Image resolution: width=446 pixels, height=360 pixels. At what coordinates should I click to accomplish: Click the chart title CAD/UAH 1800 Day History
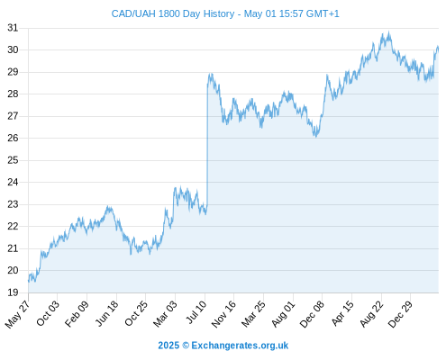pos(173,13)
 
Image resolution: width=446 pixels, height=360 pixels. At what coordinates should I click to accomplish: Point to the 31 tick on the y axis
pos(13,28)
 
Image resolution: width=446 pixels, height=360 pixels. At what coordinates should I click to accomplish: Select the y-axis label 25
pos(13,160)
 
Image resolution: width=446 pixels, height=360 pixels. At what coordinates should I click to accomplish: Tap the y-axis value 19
pos(13,292)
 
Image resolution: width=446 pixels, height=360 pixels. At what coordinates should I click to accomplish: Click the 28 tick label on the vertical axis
pos(13,94)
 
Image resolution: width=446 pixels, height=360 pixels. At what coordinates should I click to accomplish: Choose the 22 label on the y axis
pos(13,226)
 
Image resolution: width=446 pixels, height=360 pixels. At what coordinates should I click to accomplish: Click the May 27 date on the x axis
pos(17,314)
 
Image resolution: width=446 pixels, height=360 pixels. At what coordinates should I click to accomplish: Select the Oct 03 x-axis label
pos(48,313)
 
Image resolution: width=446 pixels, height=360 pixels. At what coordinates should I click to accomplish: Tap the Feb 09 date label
pos(77,313)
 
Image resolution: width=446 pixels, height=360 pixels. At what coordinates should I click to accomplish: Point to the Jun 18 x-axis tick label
pos(107,313)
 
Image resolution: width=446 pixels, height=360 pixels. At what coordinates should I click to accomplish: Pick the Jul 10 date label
pos(196,312)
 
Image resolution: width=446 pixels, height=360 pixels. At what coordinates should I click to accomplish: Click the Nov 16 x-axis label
pos(223,314)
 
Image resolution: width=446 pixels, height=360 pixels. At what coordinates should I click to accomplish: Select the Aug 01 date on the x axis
pos(284,314)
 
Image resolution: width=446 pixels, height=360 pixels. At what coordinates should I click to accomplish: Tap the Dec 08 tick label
pos(313,314)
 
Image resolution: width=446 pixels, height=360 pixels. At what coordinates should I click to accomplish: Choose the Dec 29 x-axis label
pos(400,314)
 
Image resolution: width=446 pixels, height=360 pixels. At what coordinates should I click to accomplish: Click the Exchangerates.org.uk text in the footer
pos(240,346)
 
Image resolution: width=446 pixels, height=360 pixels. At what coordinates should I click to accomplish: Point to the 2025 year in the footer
pos(168,346)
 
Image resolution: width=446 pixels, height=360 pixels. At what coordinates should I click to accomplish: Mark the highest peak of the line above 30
pos(389,31)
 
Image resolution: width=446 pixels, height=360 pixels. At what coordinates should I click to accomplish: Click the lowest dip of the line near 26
pos(315,137)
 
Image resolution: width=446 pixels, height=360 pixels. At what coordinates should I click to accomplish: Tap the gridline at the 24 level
pos(233,182)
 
